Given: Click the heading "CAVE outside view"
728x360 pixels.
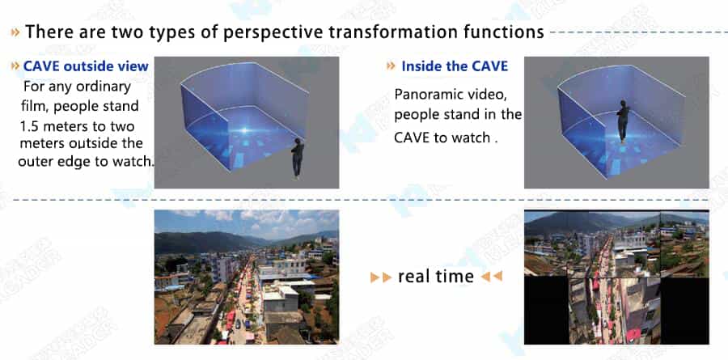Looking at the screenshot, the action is click(86, 66).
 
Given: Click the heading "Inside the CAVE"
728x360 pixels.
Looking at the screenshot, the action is click(455, 66).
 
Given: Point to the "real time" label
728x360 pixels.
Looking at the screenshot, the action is click(435, 277).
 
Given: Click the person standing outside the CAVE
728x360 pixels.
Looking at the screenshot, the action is click(297, 159).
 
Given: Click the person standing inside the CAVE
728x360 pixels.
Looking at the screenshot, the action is click(623, 121).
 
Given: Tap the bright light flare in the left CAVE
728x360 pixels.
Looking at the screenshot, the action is click(245, 130).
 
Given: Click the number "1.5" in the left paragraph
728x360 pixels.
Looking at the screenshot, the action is click(31, 126).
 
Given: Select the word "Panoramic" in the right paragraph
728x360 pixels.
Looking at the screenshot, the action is click(426, 95).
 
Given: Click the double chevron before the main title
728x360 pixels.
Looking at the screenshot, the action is click(15, 32).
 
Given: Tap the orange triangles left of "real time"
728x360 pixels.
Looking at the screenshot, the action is click(381, 277).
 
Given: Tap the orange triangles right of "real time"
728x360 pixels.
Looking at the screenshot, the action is click(492, 277).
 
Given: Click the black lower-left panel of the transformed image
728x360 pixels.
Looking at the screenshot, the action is click(547, 310).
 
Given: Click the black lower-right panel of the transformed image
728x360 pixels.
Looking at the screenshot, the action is click(684, 311).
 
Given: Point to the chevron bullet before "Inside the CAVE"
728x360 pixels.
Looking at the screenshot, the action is click(391, 66).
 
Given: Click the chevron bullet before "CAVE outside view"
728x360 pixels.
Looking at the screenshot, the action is click(15, 66).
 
